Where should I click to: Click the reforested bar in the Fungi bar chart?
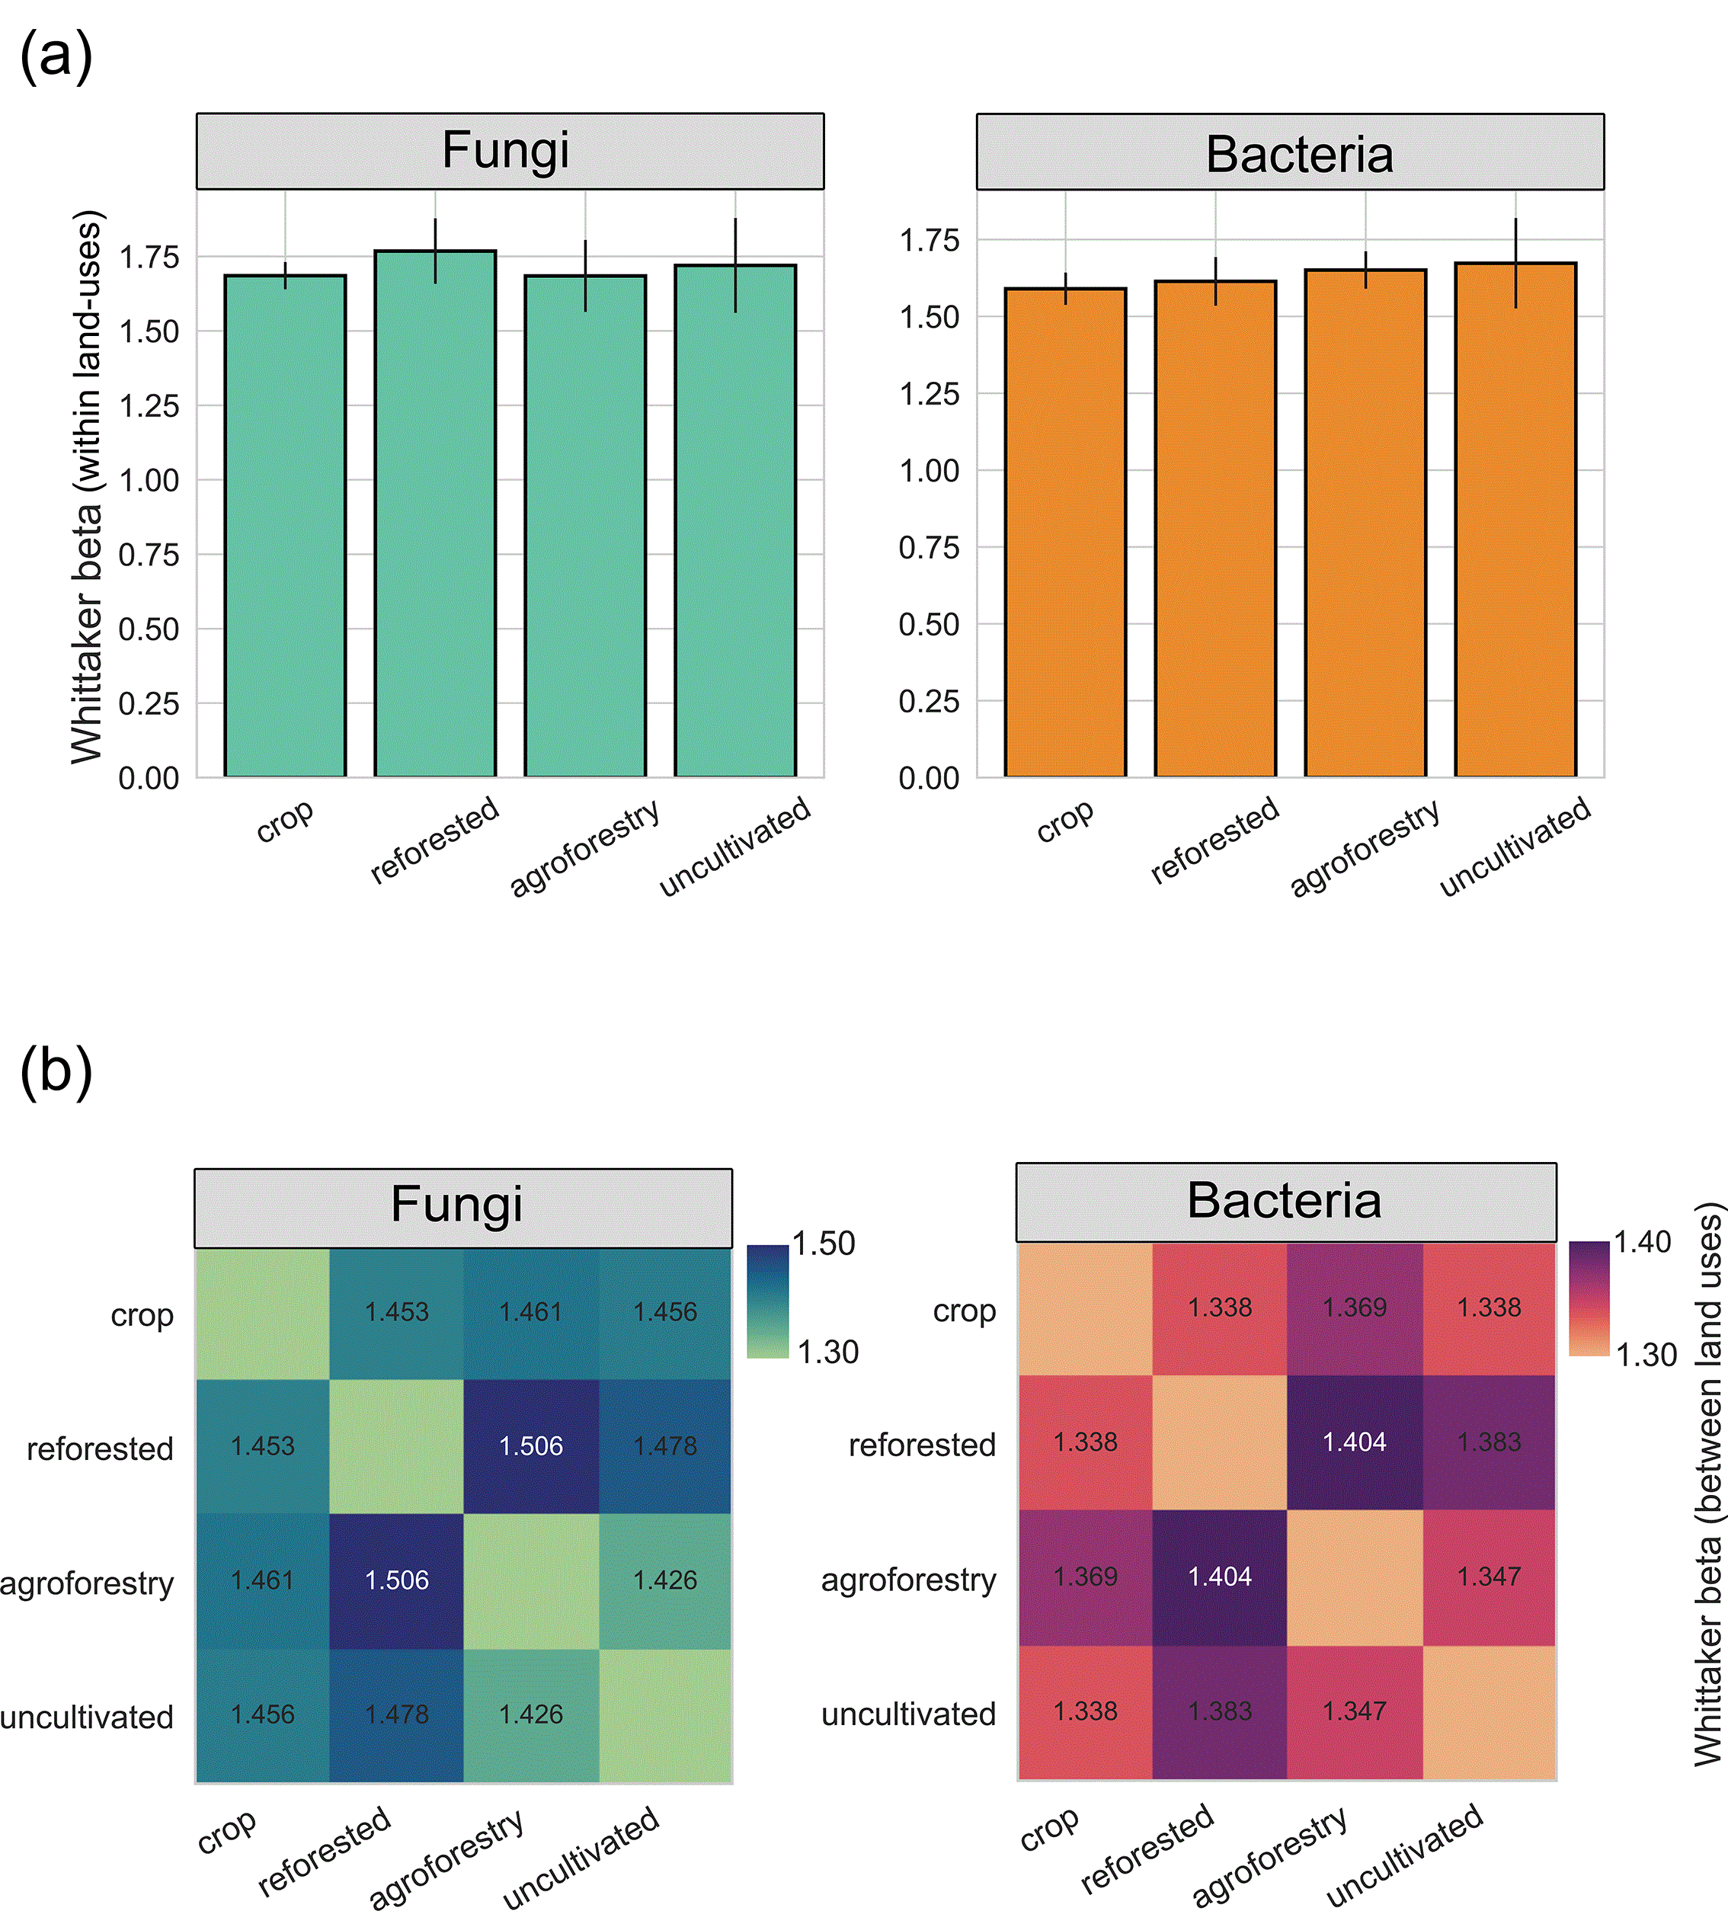(435, 514)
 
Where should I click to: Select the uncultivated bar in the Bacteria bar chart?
(1515, 520)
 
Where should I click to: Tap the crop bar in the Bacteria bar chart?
(1065, 533)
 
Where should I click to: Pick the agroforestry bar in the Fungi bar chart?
(585, 526)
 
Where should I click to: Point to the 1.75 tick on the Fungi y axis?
(149, 257)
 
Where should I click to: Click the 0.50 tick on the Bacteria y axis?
(929, 625)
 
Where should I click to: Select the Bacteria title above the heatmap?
(1285, 1200)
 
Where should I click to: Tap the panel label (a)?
(56, 56)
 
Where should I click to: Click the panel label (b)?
(56, 1072)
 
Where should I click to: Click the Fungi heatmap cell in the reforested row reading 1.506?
(531, 1445)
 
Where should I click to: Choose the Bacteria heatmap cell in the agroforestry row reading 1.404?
(1220, 1576)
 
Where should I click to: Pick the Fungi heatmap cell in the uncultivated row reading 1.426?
(531, 1714)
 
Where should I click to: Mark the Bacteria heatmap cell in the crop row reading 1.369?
(1355, 1308)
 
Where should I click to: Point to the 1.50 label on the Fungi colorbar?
(824, 1243)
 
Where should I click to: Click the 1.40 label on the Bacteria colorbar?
(1643, 1242)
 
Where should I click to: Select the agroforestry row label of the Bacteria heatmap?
(908, 1580)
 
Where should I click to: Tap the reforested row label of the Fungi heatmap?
(100, 1448)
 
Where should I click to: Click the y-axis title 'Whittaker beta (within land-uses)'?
(86, 487)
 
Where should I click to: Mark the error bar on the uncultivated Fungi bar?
(735, 265)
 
